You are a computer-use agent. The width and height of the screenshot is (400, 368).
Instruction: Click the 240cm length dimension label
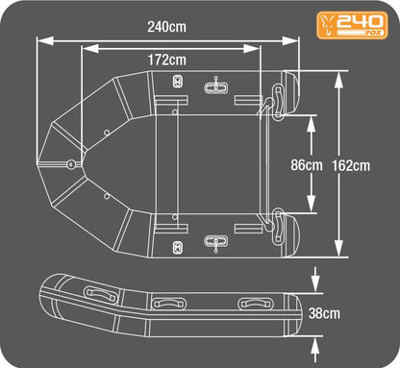166,27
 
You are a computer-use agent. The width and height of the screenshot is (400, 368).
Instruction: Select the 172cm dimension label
166,60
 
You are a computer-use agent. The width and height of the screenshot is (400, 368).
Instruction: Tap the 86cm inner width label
307,165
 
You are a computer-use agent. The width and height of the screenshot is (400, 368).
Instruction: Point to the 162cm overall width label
351,165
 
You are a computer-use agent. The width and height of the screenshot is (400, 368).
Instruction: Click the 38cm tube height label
324,313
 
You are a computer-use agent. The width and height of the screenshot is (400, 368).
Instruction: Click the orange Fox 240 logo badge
352,25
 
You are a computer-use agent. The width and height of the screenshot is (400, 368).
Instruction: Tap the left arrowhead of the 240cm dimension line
44,40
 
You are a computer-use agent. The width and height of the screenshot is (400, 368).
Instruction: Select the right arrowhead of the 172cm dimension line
251,49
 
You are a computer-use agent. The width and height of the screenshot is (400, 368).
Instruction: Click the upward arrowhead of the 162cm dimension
338,80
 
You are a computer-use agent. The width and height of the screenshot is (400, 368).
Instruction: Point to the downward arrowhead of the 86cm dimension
312,204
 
